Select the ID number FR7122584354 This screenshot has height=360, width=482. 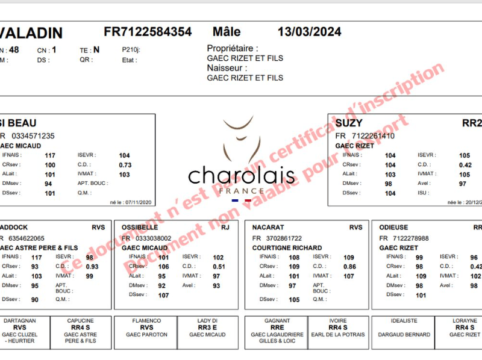[x=148, y=32]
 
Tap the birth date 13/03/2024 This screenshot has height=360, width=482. [x=309, y=32]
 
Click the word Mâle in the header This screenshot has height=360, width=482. [x=227, y=32]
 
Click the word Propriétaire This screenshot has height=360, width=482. [x=233, y=48]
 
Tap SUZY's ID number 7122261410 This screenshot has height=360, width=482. [x=373, y=136]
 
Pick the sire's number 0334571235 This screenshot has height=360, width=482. [x=33, y=136]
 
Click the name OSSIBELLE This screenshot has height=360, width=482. [x=140, y=228]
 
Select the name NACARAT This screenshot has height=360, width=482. [x=269, y=228]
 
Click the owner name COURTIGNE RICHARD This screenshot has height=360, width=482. [x=287, y=248]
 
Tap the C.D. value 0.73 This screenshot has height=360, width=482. [x=125, y=165]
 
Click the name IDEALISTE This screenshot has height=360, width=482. [x=404, y=321]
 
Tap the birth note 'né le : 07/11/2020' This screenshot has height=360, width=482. [x=131, y=203]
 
